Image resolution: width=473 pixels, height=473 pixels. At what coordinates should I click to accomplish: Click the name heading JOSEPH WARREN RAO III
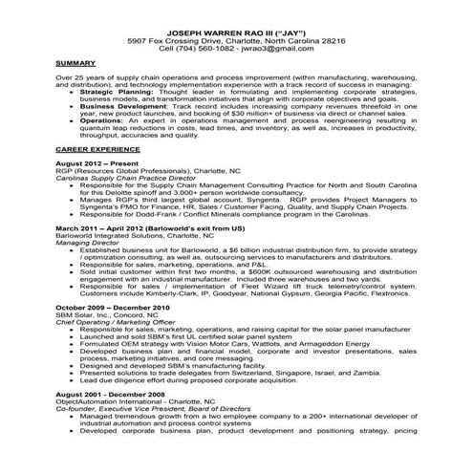click(x=236, y=32)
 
